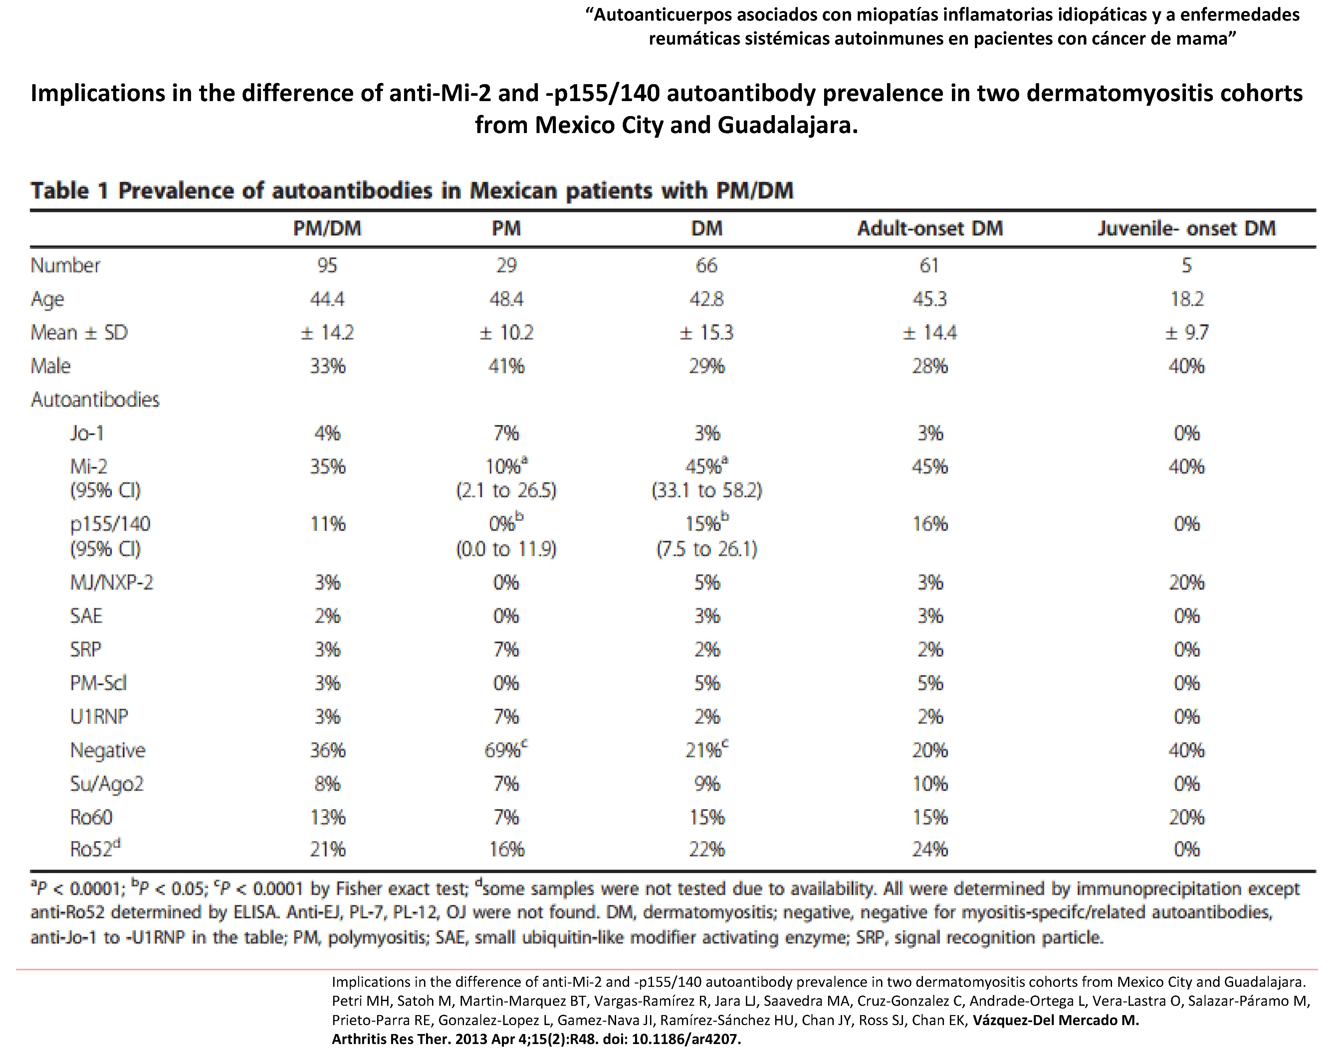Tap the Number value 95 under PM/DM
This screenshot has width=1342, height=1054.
pyautogui.click(x=327, y=265)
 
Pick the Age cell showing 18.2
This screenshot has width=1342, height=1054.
pyautogui.click(x=1186, y=299)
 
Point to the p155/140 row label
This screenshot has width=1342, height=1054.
pyautogui.click(x=110, y=524)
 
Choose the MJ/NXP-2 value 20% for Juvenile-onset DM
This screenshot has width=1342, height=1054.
pyautogui.click(x=1186, y=582)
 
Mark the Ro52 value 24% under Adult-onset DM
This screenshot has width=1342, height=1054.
pyautogui.click(x=930, y=850)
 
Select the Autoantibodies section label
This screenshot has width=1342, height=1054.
pyautogui.click(x=95, y=400)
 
